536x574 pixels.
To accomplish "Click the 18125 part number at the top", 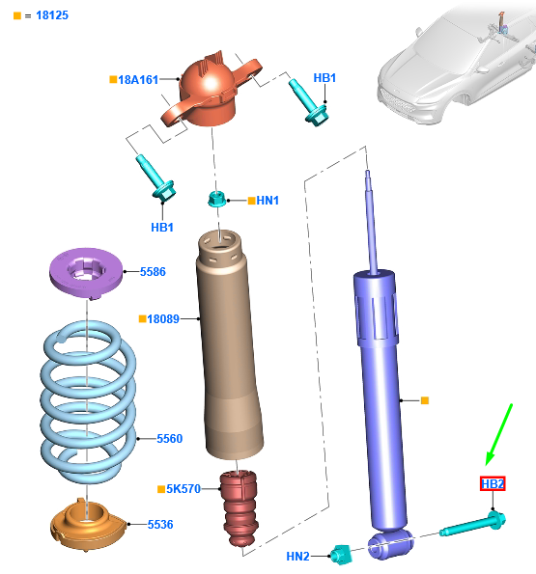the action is tap(52, 15).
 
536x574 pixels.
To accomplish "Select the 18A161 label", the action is tap(138, 80).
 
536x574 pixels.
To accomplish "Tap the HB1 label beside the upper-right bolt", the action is tap(324, 78).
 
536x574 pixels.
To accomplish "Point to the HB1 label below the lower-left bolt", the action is tap(162, 228).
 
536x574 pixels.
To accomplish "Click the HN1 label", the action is tap(268, 201).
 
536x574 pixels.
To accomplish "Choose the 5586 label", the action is tap(153, 272).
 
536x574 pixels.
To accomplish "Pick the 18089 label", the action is tap(163, 319).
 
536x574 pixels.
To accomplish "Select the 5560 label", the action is tap(170, 439).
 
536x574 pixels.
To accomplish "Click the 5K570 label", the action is tap(183, 489).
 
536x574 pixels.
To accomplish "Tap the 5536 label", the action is tap(160, 525).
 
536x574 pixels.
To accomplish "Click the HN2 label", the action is tap(297, 557).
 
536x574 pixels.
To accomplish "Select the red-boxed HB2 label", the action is tap(493, 484).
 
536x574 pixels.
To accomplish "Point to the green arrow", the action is tap(499, 434).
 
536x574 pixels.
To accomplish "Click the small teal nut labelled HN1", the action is tap(216, 199).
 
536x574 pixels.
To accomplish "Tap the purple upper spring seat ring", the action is tap(86, 272).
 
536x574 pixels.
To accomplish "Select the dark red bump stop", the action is tap(240, 508).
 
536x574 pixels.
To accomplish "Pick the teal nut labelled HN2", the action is tap(342, 555).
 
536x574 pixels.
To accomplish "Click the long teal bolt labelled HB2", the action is tap(473, 524).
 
